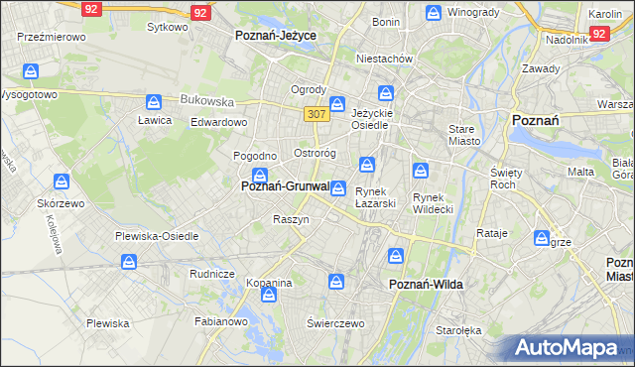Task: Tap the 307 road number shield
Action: (317, 115)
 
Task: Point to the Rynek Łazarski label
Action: (376, 197)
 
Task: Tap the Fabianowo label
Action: (220, 321)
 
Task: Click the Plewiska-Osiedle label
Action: (157, 236)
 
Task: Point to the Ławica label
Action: (155, 120)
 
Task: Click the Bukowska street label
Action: (206, 100)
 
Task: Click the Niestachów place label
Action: (384, 59)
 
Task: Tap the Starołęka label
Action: (457, 331)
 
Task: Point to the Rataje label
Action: (492, 233)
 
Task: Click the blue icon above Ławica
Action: (154, 102)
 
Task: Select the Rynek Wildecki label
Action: (433, 202)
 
